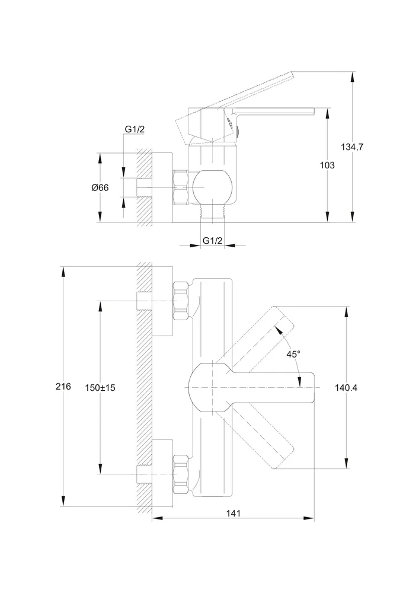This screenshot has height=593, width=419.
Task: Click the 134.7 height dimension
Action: tap(352, 146)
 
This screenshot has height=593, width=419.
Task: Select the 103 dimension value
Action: tap(327, 165)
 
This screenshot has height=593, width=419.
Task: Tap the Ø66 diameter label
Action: tap(100, 187)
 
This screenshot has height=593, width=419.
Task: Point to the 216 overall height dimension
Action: tap(63, 387)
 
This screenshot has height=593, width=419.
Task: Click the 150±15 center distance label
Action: tap(100, 388)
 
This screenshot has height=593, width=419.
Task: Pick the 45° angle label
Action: tap(293, 355)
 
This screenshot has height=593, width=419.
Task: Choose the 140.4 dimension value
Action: tap(346, 388)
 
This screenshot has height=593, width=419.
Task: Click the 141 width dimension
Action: tap(233, 513)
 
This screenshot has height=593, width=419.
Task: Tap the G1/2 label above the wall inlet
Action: tap(135, 129)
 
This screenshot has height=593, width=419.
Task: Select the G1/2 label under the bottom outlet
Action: tap(213, 240)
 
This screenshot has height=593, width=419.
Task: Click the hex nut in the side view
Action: tap(181, 187)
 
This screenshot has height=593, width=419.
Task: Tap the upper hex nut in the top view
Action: tap(181, 301)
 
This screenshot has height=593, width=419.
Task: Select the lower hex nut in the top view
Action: tap(181, 474)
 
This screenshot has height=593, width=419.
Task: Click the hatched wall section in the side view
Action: tap(144, 187)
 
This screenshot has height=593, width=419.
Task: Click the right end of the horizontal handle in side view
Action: tap(314, 111)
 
